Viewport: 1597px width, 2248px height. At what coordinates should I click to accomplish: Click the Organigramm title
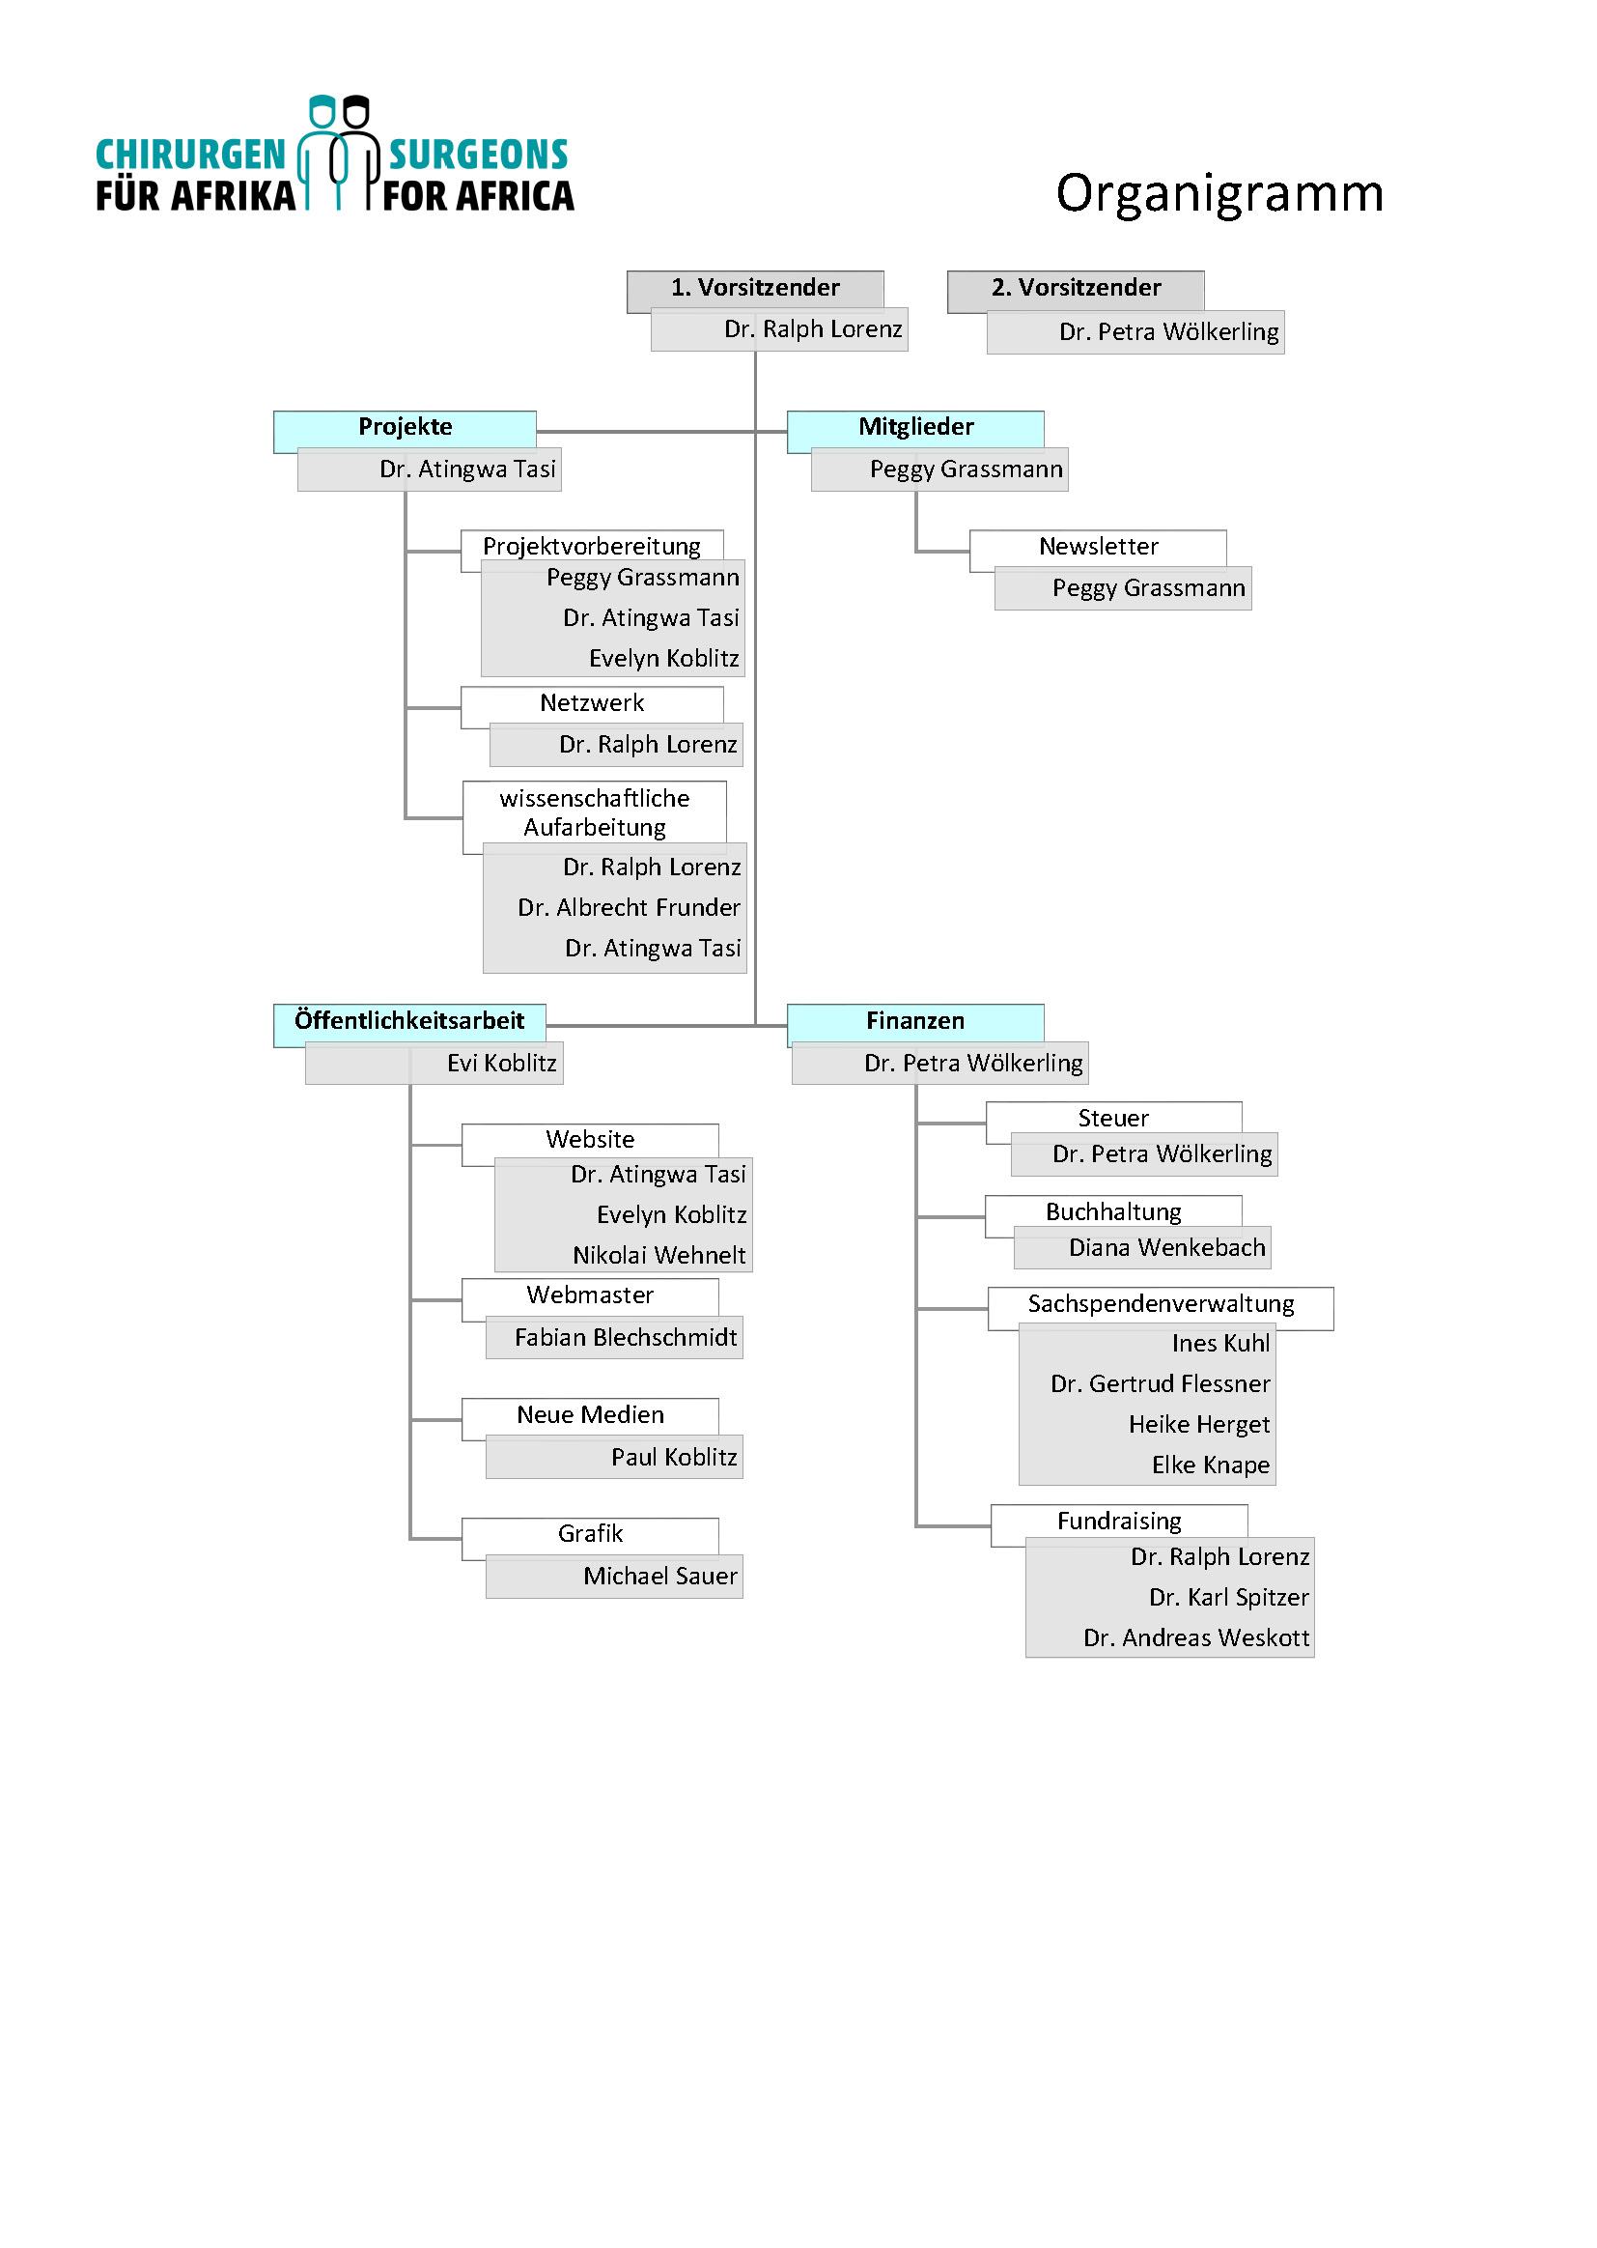[1219, 194]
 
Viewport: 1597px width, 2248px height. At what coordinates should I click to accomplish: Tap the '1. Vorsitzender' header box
[754, 288]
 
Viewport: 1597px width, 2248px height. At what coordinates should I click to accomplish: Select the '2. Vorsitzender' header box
[1075, 288]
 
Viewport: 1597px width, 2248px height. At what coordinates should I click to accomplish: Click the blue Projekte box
[405, 427]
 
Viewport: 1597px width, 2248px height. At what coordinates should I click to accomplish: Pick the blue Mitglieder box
[914, 427]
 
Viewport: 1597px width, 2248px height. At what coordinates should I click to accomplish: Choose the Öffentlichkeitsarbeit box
[409, 1021]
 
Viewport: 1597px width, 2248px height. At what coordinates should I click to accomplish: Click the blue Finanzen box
[914, 1021]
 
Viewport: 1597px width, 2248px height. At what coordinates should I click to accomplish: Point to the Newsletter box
[1098, 547]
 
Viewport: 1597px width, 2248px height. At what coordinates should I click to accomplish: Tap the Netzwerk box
[591, 703]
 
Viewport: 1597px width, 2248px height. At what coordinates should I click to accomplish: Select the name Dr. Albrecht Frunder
[629, 908]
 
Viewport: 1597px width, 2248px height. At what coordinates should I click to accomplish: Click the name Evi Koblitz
[501, 1064]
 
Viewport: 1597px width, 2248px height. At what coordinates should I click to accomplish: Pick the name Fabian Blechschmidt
[626, 1338]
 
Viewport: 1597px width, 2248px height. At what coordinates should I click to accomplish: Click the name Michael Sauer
[659, 1577]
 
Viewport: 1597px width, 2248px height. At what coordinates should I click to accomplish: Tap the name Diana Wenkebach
[1166, 1248]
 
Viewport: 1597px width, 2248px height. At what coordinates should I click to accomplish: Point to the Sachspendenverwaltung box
[1161, 1304]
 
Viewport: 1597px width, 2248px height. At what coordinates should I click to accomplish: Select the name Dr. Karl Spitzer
[1228, 1598]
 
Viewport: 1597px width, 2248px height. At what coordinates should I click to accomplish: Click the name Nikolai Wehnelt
[658, 1255]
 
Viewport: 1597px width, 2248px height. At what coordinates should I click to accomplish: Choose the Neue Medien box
[590, 1415]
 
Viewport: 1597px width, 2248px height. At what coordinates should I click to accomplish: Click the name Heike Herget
[1199, 1426]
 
